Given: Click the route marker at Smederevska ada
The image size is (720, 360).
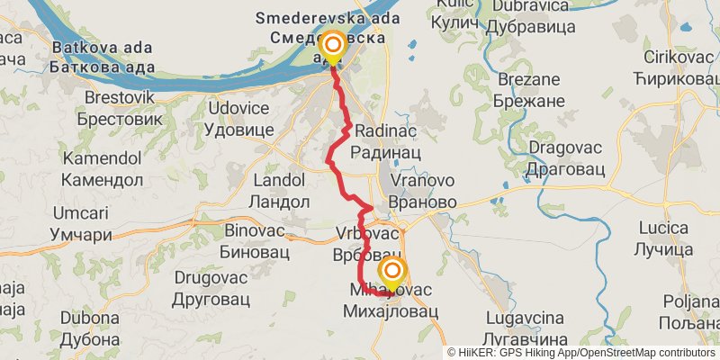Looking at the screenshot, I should click(x=333, y=44).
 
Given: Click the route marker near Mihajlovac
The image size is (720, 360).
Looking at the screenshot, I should click(x=392, y=271).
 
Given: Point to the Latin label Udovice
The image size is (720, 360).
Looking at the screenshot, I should click(x=238, y=108).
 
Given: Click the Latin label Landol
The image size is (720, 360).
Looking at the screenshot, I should click(x=280, y=180).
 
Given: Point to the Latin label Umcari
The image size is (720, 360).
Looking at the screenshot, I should click(x=82, y=213).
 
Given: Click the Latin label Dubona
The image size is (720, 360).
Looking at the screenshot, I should click(x=90, y=318).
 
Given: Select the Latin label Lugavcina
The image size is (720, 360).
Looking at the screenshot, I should click(x=524, y=318).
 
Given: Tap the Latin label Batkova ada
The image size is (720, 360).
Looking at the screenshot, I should click(x=100, y=47).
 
